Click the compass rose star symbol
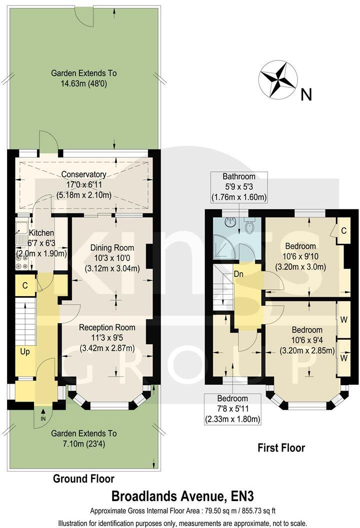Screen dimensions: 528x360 (278, 79)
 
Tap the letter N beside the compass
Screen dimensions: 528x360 (306, 94)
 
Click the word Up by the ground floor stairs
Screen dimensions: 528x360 (25, 352)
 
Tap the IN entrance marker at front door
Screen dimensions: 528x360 (42, 418)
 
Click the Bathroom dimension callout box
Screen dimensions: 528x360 (238, 187)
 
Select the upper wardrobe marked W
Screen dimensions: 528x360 (343, 320)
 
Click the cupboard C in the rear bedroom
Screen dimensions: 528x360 (343, 231)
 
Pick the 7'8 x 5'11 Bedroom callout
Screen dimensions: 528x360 (233, 409)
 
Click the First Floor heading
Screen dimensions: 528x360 (281, 448)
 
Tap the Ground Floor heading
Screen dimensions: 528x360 (83, 479)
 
